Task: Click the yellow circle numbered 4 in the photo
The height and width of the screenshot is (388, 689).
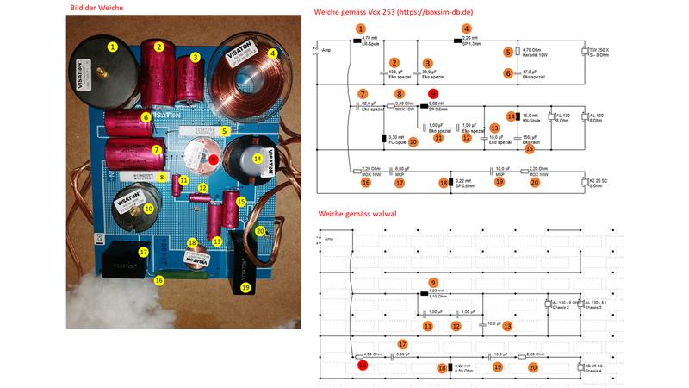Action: click(x=273, y=53)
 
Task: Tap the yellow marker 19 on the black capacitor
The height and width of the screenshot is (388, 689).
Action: click(x=245, y=287)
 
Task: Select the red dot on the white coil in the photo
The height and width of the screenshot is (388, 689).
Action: click(x=213, y=160)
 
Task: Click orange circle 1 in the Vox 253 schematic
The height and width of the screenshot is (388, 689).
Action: click(x=360, y=28)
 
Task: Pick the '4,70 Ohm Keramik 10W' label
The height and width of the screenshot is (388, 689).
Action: click(x=535, y=53)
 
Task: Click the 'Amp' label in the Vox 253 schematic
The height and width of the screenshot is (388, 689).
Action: click(x=326, y=51)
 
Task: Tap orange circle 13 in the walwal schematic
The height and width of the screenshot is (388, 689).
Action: click(x=507, y=326)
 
